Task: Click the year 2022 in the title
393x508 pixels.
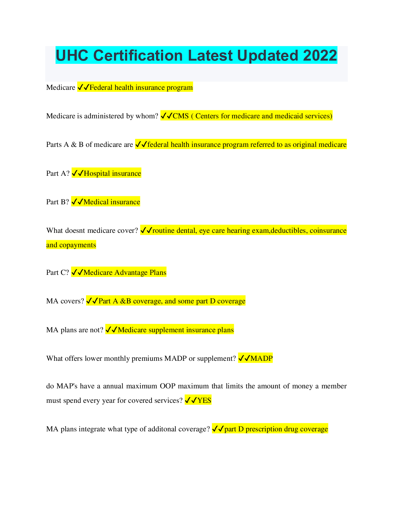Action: (320, 55)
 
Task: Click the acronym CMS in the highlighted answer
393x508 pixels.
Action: (181, 116)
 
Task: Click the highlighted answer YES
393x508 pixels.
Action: (204, 401)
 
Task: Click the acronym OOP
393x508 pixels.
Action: (168, 386)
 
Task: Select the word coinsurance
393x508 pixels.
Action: (328, 231)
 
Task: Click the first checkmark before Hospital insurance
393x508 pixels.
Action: (74, 174)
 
